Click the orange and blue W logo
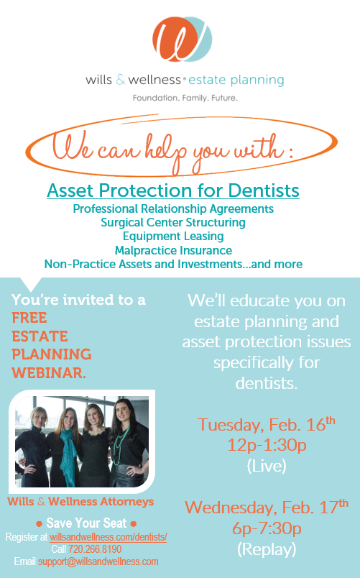click(x=182, y=39)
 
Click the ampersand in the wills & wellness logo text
click(x=121, y=80)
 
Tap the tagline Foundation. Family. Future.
click(x=185, y=98)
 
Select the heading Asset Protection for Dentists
click(x=173, y=191)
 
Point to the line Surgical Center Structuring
click(x=173, y=223)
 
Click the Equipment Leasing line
click(x=173, y=237)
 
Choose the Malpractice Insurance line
click(x=173, y=250)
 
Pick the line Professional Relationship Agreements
click(x=173, y=208)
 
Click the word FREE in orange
click(x=29, y=318)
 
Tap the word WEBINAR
click(x=49, y=373)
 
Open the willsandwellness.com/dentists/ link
click(x=109, y=537)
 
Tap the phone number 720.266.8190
click(x=95, y=549)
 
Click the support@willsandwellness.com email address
click(x=98, y=561)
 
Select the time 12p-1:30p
click(x=267, y=445)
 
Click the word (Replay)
click(x=267, y=549)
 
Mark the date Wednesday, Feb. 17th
click(x=267, y=508)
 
